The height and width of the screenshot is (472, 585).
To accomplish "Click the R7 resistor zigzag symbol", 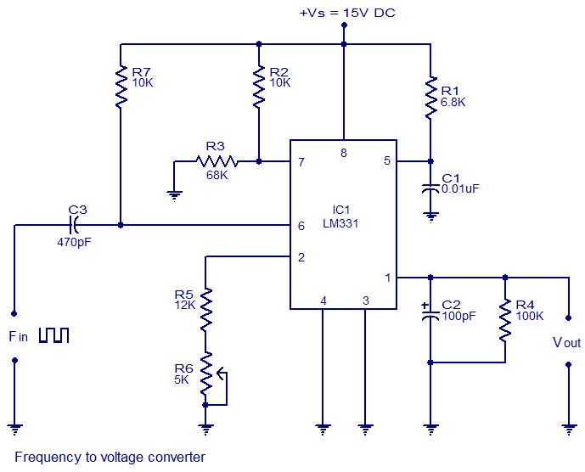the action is pyautogui.click(x=121, y=87).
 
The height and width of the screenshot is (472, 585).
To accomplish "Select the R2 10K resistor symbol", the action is pyautogui.click(x=259, y=87).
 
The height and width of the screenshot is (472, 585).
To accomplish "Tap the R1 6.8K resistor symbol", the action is pyautogui.click(x=430, y=98).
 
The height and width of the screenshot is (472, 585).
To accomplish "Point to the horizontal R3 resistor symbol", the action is pyautogui.click(x=217, y=161).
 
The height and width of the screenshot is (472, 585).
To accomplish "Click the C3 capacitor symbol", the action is pyautogui.click(x=73, y=225).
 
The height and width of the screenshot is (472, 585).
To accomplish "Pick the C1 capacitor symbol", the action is pyautogui.click(x=430, y=188).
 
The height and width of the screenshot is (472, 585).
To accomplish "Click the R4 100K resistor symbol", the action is pyautogui.click(x=505, y=320).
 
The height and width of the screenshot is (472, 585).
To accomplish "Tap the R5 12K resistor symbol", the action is pyautogui.click(x=205, y=309).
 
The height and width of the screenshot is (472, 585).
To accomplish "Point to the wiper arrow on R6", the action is pyautogui.click(x=222, y=374).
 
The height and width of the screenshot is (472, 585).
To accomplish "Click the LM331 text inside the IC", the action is pyautogui.click(x=340, y=223).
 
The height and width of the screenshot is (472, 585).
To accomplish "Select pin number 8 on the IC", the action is pyautogui.click(x=344, y=153).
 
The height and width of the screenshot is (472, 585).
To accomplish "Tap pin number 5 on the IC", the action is pyautogui.click(x=387, y=160).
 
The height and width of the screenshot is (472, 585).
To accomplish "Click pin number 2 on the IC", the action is pyautogui.click(x=301, y=257).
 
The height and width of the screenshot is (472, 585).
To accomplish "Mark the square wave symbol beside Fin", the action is pyautogui.click(x=54, y=335).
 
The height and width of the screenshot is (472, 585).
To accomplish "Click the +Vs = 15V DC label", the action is pyautogui.click(x=347, y=13).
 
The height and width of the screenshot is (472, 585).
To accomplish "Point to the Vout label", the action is pyautogui.click(x=566, y=342).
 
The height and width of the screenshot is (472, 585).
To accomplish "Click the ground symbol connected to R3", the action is pyautogui.click(x=175, y=196).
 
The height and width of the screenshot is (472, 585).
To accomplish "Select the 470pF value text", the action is pyautogui.click(x=74, y=243).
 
